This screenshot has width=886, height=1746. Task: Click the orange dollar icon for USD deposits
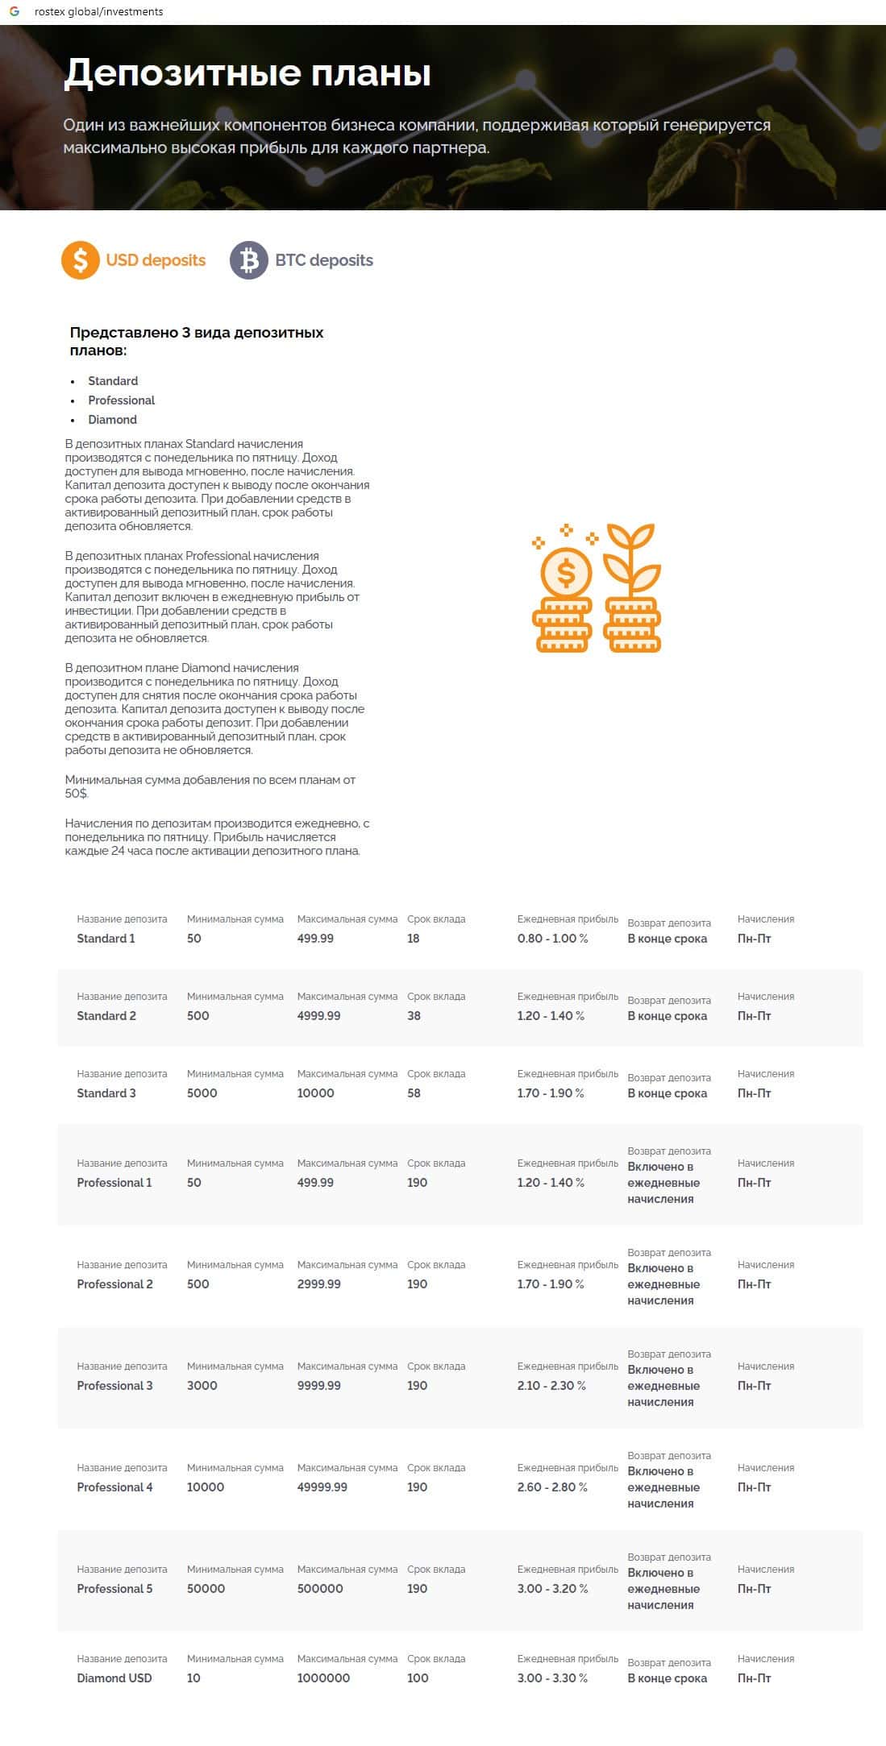pos(80,260)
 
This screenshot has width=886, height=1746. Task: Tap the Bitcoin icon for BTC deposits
pos(248,260)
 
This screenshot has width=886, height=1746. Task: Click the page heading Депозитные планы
pos(247,73)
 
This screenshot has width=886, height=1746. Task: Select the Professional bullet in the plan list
pos(121,400)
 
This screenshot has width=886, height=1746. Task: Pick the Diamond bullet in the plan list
pos(112,420)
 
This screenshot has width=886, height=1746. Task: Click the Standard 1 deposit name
pos(106,939)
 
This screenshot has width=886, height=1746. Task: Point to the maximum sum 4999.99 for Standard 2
pos(318,1016)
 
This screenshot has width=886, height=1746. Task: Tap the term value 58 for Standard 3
pos(414,1093)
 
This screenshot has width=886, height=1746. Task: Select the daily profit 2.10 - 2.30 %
pos(551,1386)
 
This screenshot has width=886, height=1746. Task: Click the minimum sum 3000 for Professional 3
pos(202,1386)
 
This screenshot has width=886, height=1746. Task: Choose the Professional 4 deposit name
pos(114,1487)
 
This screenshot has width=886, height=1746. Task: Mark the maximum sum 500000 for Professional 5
pos(320,1589)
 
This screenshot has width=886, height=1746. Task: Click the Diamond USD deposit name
pos(114,1678)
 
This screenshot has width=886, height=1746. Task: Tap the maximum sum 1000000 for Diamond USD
pos(323,1678)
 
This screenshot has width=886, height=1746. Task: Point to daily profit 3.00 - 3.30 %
pos(552,1678)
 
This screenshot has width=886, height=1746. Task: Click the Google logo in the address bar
pos(15,11)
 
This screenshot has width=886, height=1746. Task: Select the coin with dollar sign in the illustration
pos(566,574)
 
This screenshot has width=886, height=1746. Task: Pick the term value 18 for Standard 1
pos(413,939)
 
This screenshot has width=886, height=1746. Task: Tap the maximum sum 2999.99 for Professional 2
pos(318,1284)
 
